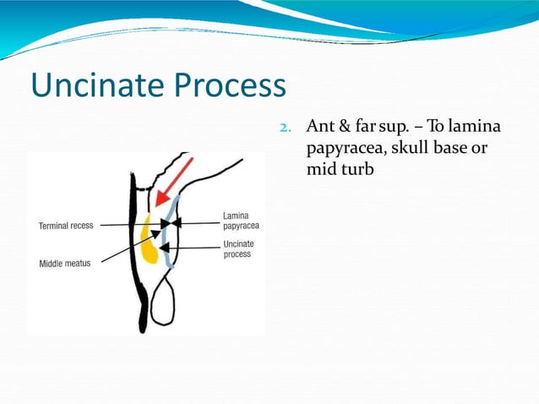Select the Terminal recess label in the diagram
tap(66, 226)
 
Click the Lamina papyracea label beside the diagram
tap(241, 221)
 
